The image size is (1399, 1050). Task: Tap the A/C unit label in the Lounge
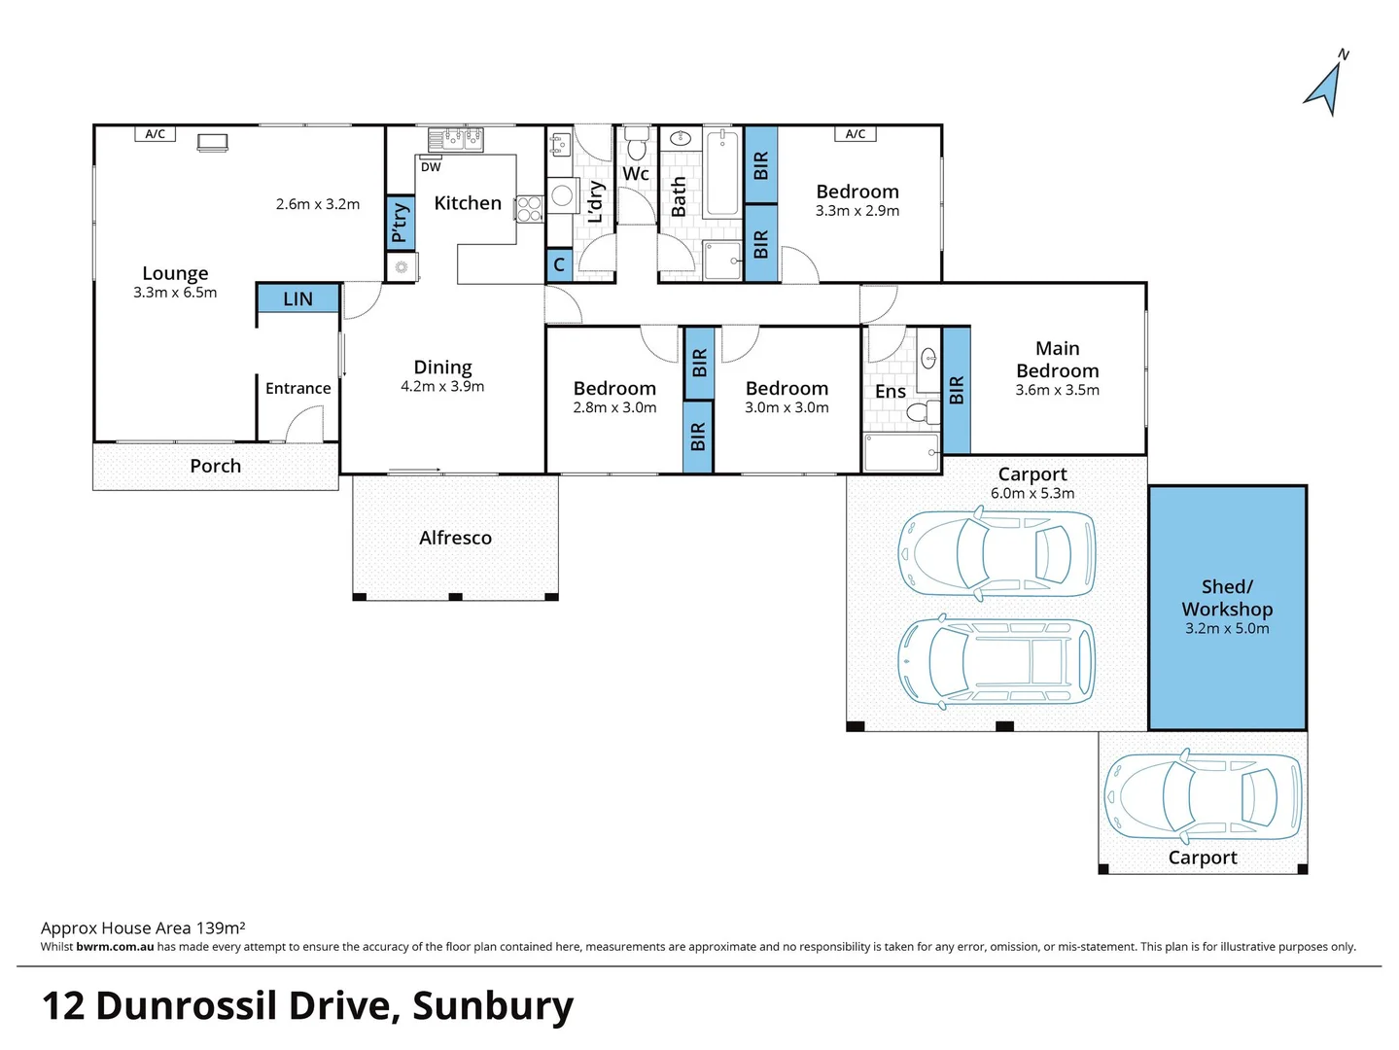coord(155,134)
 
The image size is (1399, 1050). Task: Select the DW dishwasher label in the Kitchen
coord(431,167)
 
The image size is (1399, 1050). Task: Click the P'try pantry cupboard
coord(401,223)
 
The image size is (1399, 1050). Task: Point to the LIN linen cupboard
coord(297,298)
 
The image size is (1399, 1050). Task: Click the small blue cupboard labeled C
coord(559,264)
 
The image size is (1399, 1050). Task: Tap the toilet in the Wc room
coord(637,143)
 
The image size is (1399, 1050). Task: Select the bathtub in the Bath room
coord(722,173)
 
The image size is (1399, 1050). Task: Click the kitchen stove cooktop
coord(529,208)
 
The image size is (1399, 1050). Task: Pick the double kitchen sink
coord(456,139)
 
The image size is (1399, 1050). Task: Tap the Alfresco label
coord(455,538)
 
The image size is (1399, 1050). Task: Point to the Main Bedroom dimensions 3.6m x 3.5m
coord(1058,390)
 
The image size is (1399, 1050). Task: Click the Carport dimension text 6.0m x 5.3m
coord(1032,493)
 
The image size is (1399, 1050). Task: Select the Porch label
coord(216,466)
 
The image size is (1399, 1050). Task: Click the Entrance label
coord(297,388)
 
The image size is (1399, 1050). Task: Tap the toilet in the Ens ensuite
coord(923,412)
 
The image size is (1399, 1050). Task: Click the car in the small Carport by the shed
coord(1203,796)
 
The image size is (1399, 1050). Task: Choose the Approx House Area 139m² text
coord(143,927)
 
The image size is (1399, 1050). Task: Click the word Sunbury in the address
coord(493,1007)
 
